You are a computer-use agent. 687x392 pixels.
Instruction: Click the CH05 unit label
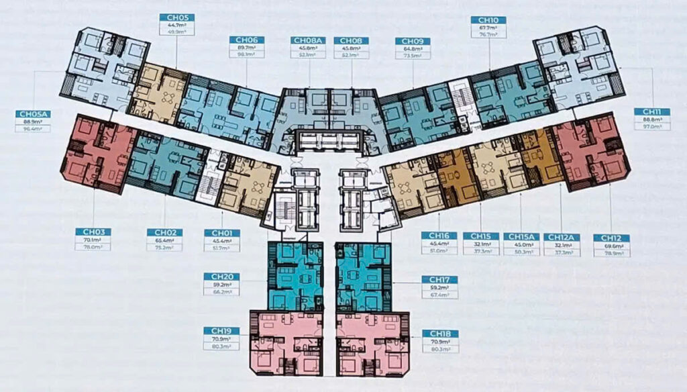[x=177, y=18]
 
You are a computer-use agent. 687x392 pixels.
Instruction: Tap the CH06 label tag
[x=247, y=40]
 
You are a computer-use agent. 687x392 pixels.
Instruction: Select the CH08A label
[x=308, y=40]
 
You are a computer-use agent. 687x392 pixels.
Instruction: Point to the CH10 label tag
[x=488, y=21]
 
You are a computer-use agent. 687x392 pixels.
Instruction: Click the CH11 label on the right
[x=652, y=111]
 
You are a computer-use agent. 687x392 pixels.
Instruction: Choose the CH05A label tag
[x=33, y=114]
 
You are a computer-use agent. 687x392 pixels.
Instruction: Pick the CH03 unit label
[x=93, y=232]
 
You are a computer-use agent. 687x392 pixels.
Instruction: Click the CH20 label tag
[x=221, y=277]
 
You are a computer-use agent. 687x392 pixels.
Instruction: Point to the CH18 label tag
[x=440, y=334]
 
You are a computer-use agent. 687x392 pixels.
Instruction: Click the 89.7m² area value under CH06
[x=247, y=48]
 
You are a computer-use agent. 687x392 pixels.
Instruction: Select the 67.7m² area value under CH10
[x=488, y=29]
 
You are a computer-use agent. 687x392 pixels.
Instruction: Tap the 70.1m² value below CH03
[x=93, y=240]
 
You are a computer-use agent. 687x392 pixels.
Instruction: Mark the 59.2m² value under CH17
[x=440, y=287]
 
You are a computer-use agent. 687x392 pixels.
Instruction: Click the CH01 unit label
[x=221, y=232]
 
